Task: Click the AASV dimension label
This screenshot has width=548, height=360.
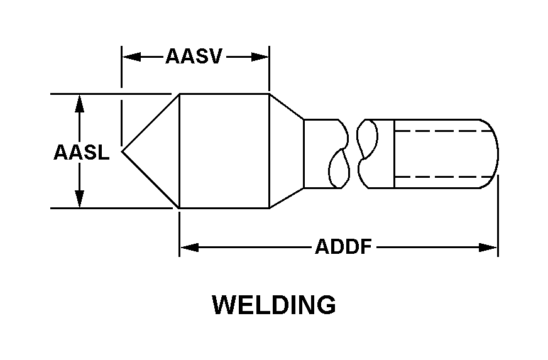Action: pyautogui.click(x=194, y=57)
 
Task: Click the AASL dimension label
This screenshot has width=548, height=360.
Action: pyautogui.click(x=80, y=152)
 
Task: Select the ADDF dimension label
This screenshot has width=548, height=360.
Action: pyautogui.click(x=343, y=247)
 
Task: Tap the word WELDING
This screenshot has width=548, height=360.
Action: pyautogui.click(x=273, y=305)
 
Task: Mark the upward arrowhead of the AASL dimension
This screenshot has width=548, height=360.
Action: pyautogui.click(x=79, y=102)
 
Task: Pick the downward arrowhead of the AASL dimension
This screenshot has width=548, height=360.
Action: pyautogui.click(x=79, y=199)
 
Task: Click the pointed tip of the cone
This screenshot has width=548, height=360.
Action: pyautogui.click(x=123, y=151)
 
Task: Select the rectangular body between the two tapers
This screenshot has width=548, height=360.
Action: pyautogui.click(x=224, y=151)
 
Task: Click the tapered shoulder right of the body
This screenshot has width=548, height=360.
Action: pyautogui.click(x=286, y=151)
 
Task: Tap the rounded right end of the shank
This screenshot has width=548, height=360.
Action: pyautogui.click(x=494, y=153)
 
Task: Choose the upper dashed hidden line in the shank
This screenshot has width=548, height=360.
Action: pyautogui.click(x=440, y=131)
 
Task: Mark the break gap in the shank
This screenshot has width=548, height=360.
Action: pyautogui.click(x=351, y=153)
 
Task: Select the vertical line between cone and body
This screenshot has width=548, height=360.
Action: pyautogui.click(x=180, y=151)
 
